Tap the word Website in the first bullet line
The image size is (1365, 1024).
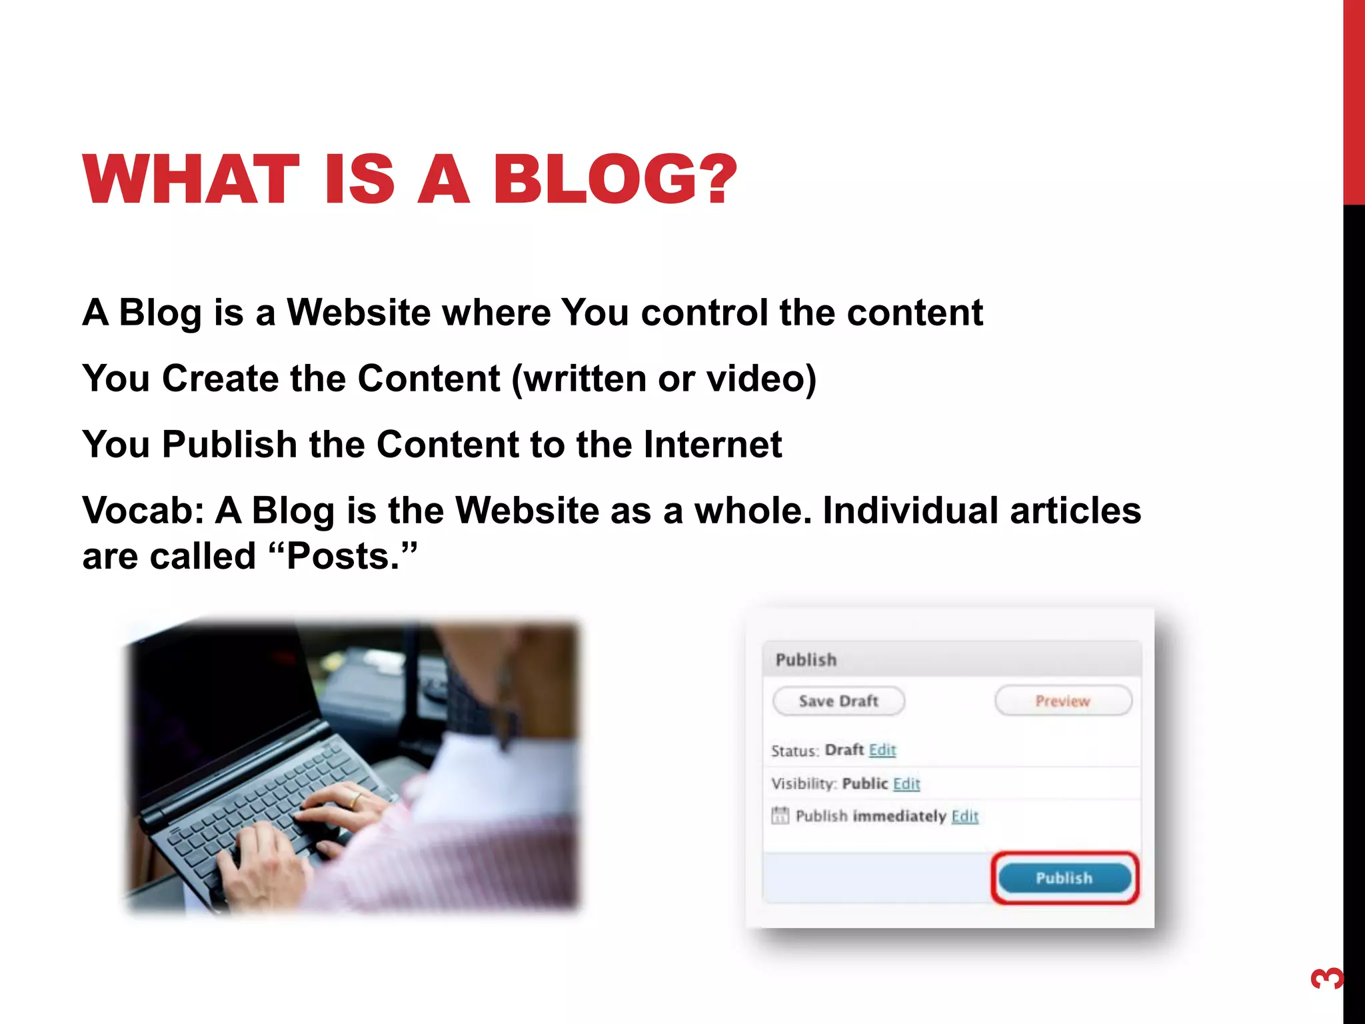[359, 312]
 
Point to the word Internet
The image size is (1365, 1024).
[712, 445]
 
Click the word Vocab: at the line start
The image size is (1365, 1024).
[143, 511]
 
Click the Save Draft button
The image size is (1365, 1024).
[838, 701]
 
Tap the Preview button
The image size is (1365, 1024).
[1063, 701]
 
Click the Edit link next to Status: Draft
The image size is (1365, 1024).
[882, 750]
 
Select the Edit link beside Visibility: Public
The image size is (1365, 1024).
[906, 783]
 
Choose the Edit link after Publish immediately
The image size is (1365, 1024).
[964, 816]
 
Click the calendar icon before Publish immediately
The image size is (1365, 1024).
[780, 815]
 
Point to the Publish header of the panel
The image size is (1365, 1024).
[806, 660]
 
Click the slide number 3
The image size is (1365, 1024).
[1326, 979]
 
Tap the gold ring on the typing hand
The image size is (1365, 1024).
[355, 799]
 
